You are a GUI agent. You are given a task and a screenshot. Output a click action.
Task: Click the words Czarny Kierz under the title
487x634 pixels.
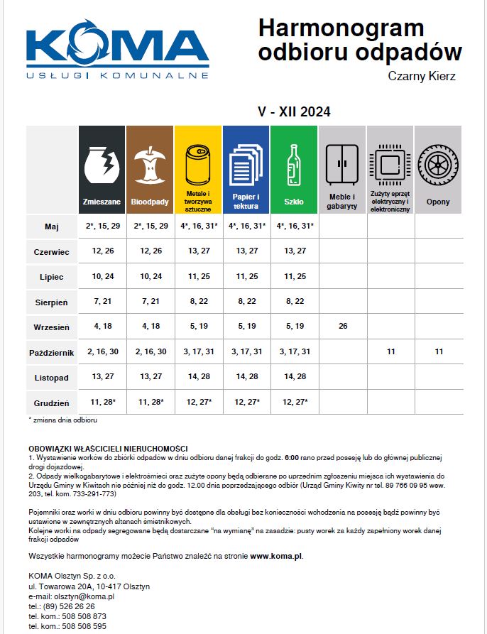tap(422, 76)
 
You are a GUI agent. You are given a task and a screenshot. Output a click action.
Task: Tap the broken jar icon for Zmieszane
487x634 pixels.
tap(101, 163)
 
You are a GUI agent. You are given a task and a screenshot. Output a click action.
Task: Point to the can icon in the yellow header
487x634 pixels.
tap(197, 163)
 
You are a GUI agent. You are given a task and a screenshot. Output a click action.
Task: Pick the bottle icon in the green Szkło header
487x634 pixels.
tap(293, 164)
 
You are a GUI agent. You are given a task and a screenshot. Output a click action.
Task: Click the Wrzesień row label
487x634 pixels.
tap(51, 327)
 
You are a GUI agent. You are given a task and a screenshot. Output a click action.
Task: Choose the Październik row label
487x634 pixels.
tap(51, 352)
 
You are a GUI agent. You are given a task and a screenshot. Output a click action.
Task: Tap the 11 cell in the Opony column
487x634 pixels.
tap(438, 352)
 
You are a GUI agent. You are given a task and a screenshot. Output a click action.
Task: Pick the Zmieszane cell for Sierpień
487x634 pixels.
tap(102, 302)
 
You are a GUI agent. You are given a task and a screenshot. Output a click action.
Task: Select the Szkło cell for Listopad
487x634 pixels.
tap(294, 376)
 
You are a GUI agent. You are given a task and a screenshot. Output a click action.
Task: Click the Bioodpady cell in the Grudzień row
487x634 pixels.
tap(150, 402)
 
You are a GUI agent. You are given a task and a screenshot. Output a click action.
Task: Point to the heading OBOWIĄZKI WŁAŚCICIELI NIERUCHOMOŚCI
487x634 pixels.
tap(108, 448)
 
